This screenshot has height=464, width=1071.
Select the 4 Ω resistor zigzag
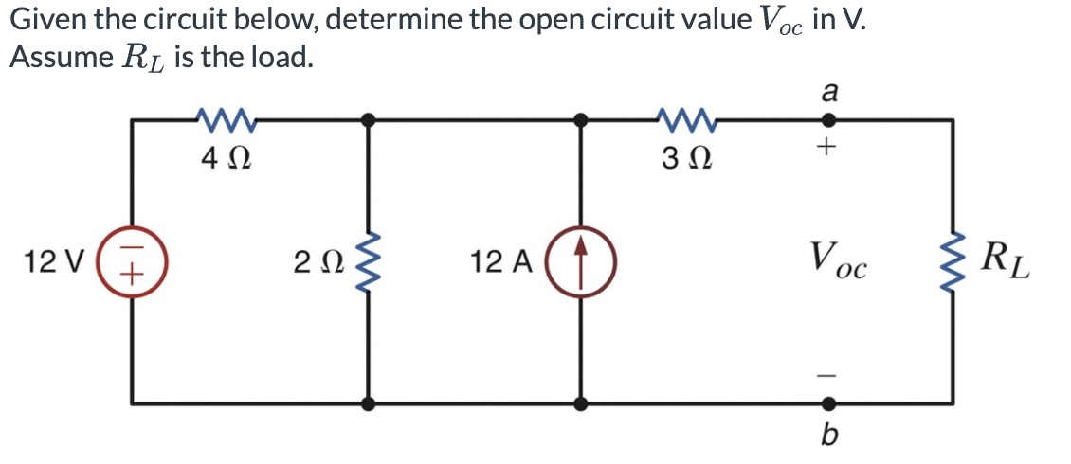pos(225,120)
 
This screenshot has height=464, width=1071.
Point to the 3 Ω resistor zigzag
pos(684,120)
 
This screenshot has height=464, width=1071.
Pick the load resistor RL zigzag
pos(951,261)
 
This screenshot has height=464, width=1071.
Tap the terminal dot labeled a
pos(827,120)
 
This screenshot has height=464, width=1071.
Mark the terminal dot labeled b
pos(827,403)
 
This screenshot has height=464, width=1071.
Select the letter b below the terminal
pos(827,437)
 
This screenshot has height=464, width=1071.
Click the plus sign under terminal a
pos(827,149)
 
